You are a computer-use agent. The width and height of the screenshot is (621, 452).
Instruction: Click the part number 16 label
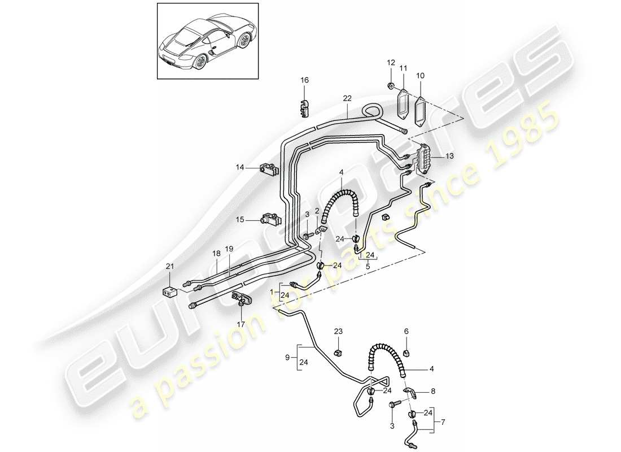[305, 81]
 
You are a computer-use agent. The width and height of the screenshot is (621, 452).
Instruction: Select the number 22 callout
[347, 98]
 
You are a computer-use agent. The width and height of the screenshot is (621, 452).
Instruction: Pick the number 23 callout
[338, 332]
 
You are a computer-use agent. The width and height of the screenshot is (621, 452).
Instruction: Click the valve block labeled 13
[422, 159]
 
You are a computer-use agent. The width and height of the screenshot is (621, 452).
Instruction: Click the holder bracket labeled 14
[268, 168]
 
